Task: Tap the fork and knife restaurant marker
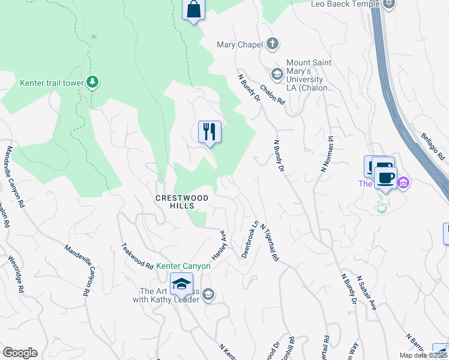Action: [x=209, y=132]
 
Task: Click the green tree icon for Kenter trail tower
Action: [x=92, y=82]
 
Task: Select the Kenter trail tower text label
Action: [x=51, y=83]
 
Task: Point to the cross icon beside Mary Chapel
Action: [x=273, y=44]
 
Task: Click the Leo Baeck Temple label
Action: [x=345, y=4]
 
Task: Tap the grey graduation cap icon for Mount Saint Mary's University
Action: [x=277, y=74]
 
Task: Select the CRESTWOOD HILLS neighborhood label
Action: [x=182, y=202]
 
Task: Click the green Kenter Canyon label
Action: [x=183, y=266]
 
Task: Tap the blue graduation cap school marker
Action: [x=181, y=284]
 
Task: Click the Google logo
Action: [x=20, y=353]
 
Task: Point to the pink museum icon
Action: [x=403, y=182]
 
